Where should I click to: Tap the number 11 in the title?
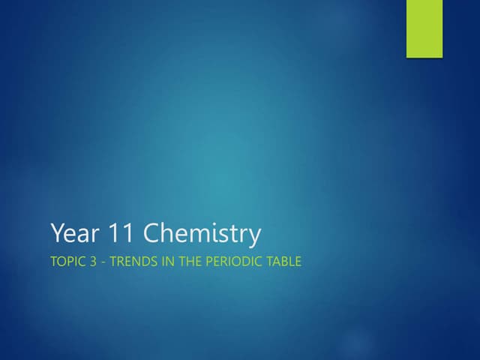coord(118,234)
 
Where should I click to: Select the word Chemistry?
coord(202,235)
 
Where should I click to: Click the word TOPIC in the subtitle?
coord(67,263)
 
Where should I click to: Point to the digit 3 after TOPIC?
coord(92,263)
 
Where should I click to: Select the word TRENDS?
coord(130,263)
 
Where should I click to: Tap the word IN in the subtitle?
coord(160,263)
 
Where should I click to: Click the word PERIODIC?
coord(228,263)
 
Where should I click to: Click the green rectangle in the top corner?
coord(424,28)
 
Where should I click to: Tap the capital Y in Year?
coord(57,234)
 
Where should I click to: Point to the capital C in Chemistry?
coord(151,234)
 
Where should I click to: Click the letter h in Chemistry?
coord(167,233)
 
